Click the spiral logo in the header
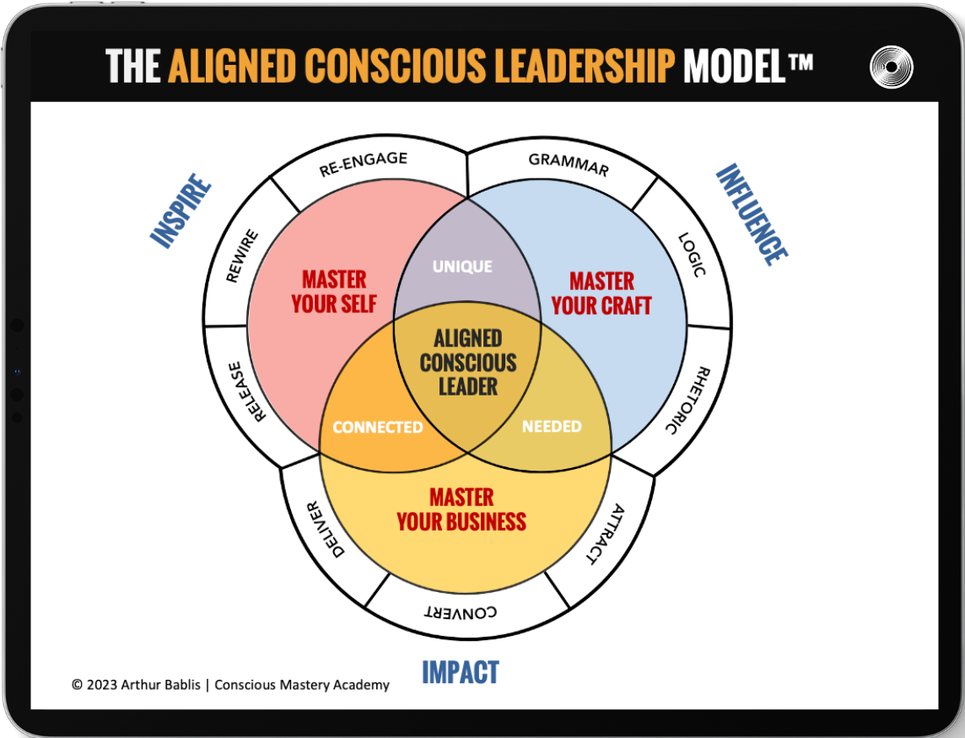point(892,67)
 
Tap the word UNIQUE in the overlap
point(462,267)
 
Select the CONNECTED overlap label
point(378,428)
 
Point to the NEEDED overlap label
point(552,427)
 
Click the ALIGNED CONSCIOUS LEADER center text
point(468,363)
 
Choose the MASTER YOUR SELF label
point(334,291)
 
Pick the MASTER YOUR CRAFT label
point(601,293)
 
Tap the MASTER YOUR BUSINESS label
point(461,509)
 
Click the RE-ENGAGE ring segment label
point(364,164)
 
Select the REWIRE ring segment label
point(243,256)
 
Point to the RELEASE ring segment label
point(243,391)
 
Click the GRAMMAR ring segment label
point(568,163)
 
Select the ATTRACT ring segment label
point(605,534)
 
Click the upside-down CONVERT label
point(460,612)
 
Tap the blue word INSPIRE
point(181,211)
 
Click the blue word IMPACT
point(461,672)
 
